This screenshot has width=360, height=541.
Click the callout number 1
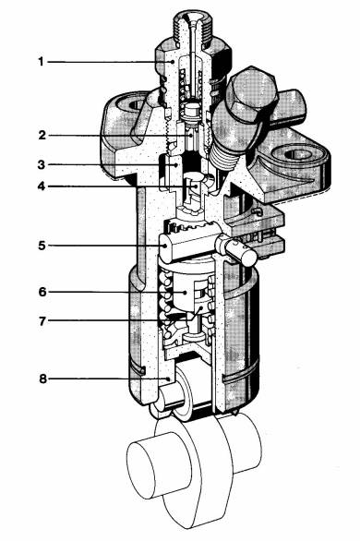coord(41,62)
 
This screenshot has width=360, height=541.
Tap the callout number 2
coord(42,135)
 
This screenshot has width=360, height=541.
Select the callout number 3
coord(42,165)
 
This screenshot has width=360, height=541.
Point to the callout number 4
coord(42,186)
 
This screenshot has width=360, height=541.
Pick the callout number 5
coord(42,246)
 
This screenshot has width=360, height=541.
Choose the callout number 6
coord(42,292)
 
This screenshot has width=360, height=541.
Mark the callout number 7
coord(42,321)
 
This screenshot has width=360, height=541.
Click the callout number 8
coord(42,379)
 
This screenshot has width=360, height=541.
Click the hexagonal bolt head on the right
coord(252,92)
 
